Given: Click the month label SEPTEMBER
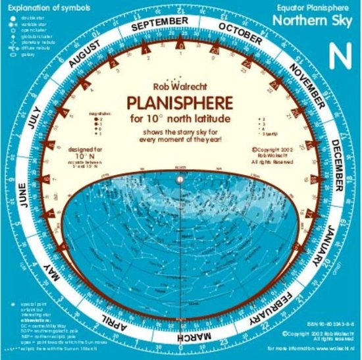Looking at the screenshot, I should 160,23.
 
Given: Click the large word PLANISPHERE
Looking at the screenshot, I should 179,103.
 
